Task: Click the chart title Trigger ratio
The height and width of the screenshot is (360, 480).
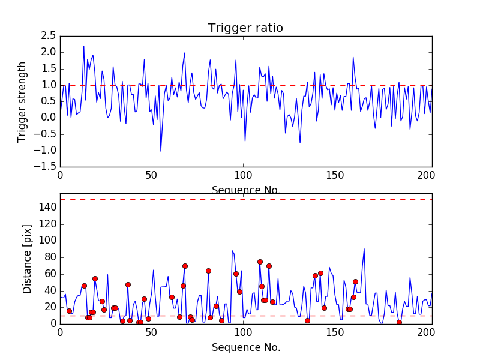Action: (x=245, y=28)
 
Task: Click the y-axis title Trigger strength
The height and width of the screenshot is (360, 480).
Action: (x=22, y=101)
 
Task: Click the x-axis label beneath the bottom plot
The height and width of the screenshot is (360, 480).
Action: (x=245, y=347)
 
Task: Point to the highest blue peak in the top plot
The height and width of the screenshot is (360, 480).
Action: (x=84, y=46)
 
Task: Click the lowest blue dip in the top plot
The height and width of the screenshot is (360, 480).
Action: (x=160, y=151)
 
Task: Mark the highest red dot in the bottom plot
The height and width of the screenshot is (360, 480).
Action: (x=260, y=262)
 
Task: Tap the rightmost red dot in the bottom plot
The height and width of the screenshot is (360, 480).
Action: (x=399, y=322)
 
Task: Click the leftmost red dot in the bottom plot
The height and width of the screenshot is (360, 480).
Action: (x=69, y=311)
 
